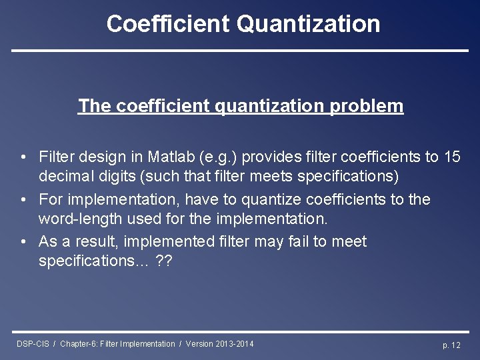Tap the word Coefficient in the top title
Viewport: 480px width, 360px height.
(168, 24)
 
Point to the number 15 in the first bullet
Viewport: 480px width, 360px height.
(451, 157)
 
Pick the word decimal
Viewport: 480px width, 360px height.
(64, 176)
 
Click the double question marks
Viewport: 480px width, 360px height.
(163, 261)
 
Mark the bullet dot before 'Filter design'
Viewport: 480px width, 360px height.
(23, 157)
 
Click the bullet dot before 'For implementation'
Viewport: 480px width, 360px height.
(23, 199)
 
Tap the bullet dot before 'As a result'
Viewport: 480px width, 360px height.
(23, 241)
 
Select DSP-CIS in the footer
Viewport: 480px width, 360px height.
(33, 344)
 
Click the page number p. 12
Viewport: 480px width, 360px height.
(451, 345)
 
